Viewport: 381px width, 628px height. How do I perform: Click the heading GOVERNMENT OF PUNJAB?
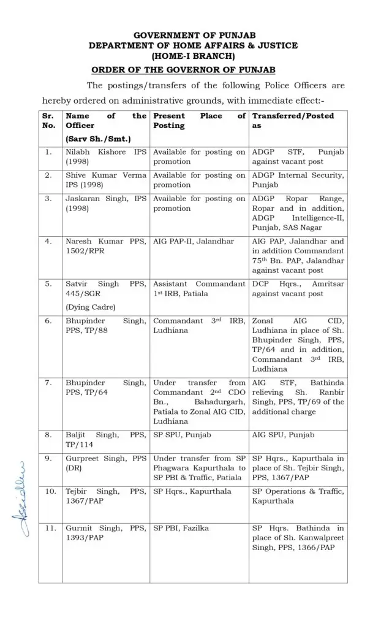194,35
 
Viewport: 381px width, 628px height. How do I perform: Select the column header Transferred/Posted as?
293,120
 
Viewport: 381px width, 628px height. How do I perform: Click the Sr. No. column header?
48,120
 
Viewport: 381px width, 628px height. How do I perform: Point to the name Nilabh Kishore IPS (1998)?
105,157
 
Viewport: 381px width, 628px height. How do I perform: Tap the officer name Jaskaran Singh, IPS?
105,204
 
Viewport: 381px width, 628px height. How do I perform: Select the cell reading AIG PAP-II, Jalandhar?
194,242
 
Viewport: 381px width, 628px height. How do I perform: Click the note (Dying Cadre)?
90,307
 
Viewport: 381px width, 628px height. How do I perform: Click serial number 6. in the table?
48,321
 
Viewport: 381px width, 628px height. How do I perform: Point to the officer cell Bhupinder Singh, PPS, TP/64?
105,388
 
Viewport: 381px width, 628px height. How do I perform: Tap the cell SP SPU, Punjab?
180,435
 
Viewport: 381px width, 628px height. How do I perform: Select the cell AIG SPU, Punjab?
283,435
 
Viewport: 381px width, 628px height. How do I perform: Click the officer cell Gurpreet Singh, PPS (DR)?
105,463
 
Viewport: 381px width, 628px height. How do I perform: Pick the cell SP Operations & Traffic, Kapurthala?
298,496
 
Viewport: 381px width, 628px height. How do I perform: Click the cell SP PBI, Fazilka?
183,528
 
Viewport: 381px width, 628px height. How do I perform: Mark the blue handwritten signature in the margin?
18,503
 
